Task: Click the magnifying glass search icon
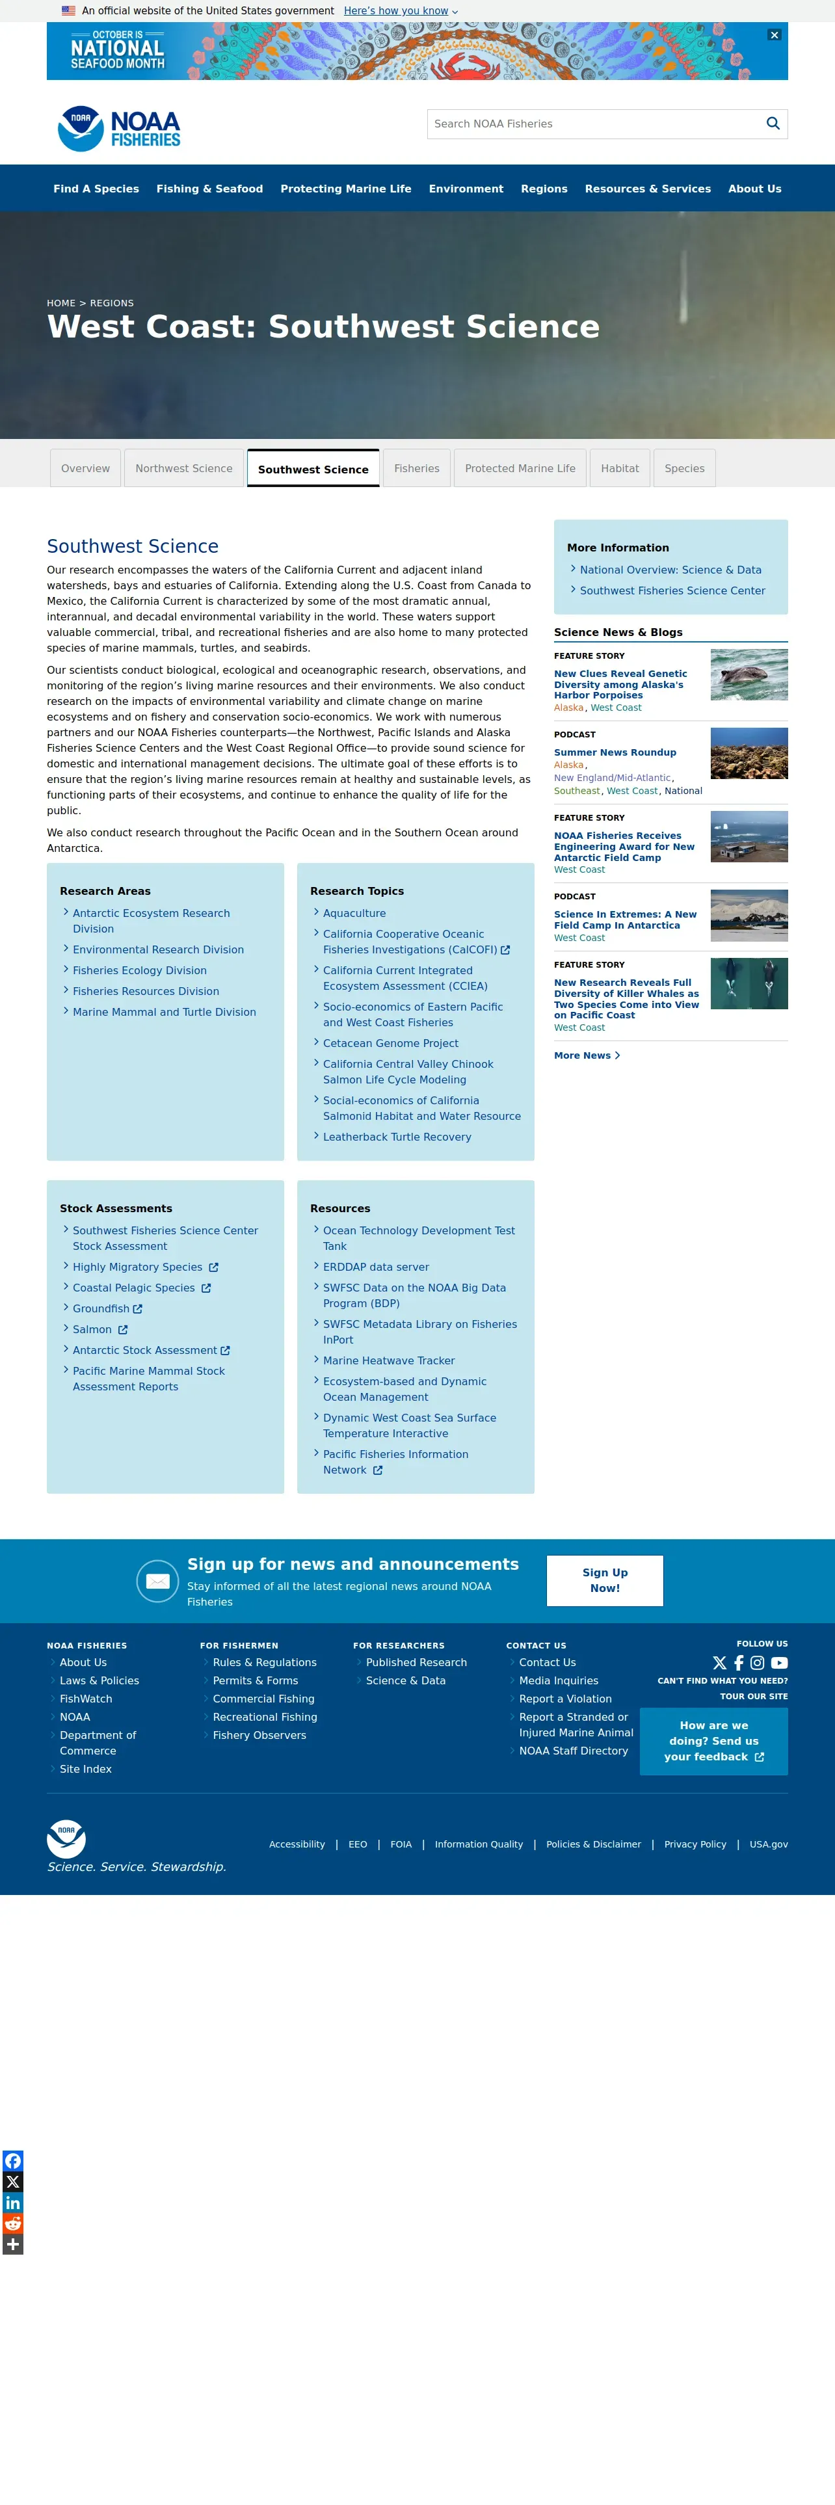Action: coord(773,124)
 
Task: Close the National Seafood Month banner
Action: coord(774,35)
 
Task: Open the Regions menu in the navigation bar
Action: coord(544,189)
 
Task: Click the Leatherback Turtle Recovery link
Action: coord(397,1137)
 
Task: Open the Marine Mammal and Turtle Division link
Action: coord(165,1013)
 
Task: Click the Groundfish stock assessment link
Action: coord(101,1309)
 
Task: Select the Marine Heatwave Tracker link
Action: coord(389,1360)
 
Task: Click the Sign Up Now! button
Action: coord(605,1580)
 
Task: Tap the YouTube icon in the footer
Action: coord(778,1663)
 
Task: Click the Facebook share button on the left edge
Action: coord(12,2161)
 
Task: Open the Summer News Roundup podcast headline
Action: coord(615,752)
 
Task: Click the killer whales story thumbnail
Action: coord(749,983)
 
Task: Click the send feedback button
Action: coord(713,1742)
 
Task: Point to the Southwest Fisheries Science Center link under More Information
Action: coord(672,590)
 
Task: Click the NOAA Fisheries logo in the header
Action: coord(120,128)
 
